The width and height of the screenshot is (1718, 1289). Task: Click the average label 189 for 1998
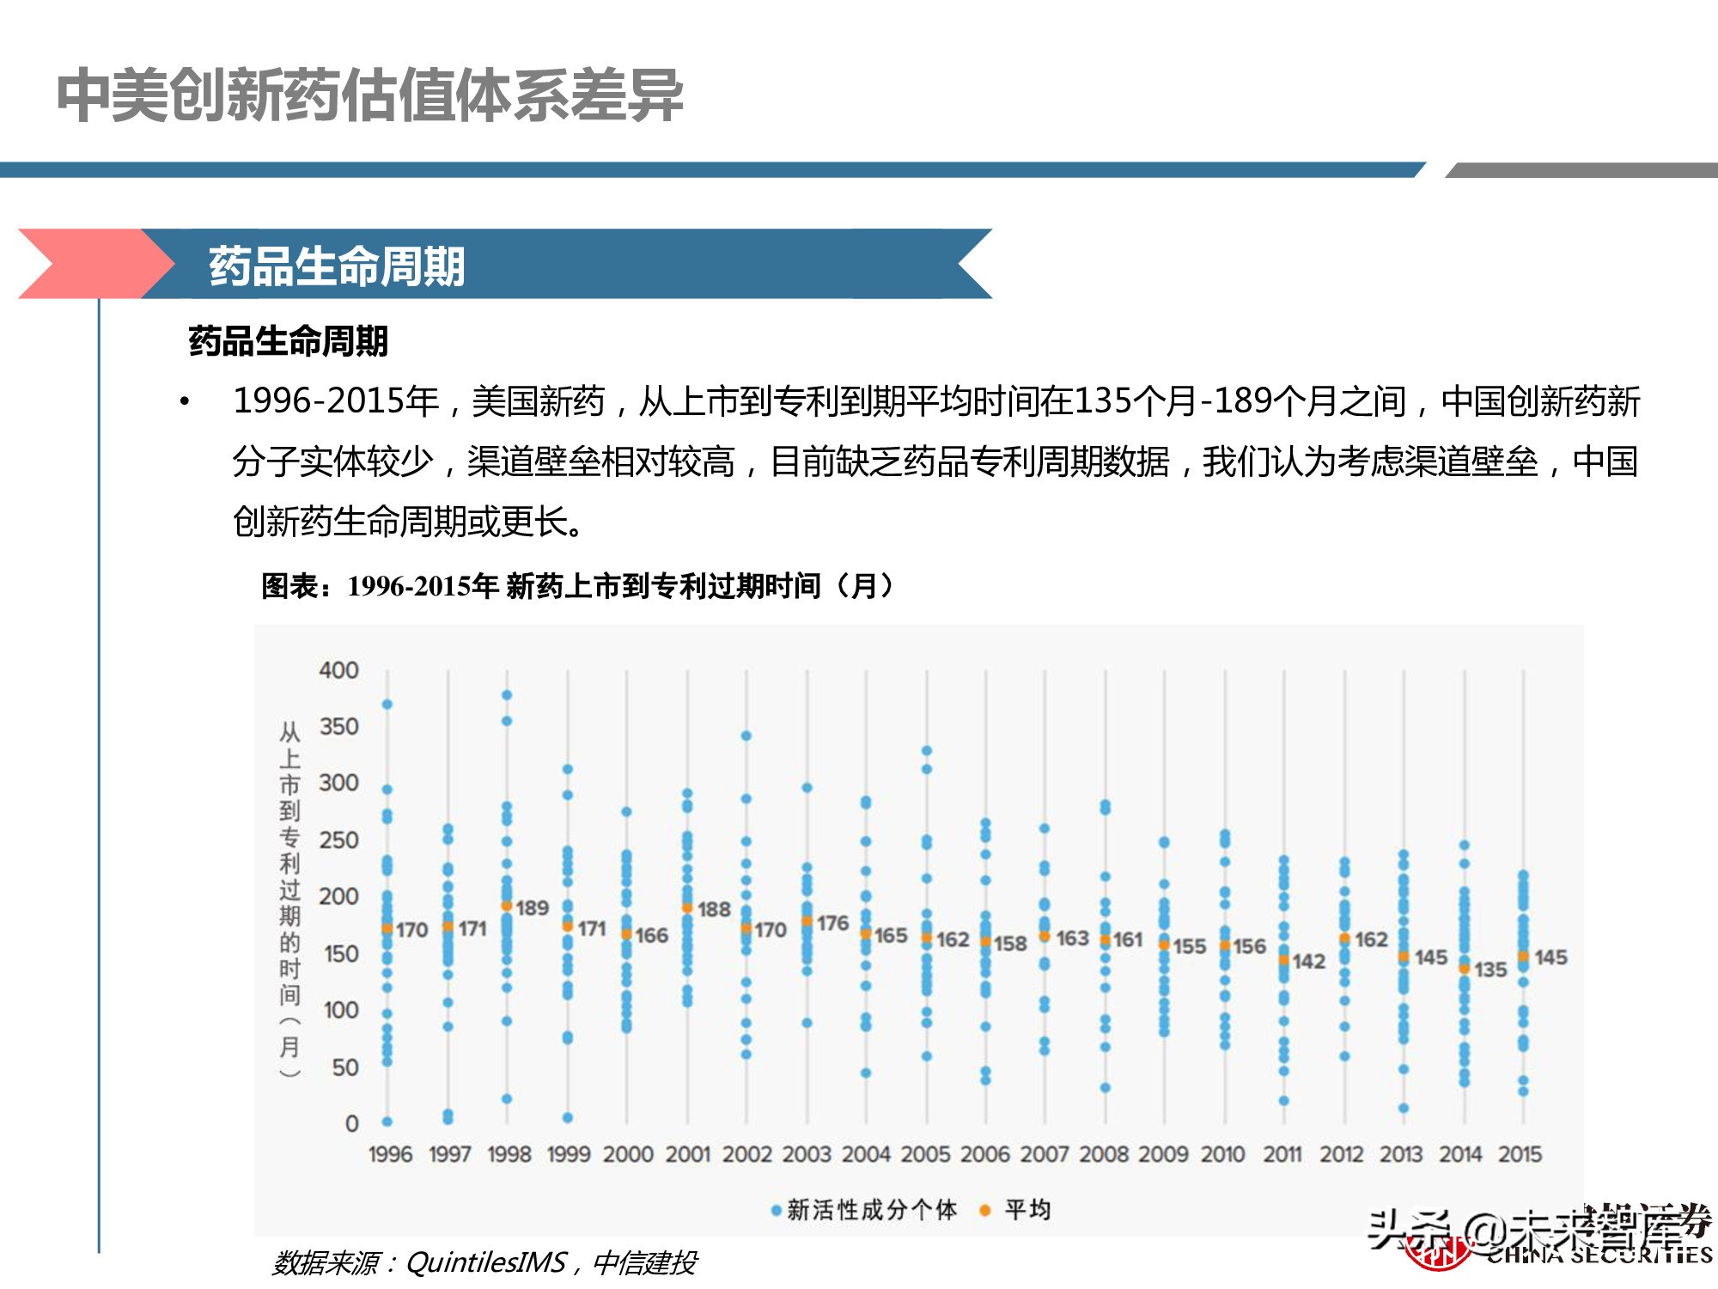[532, 907]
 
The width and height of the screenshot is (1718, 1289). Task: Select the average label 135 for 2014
[1490, 969]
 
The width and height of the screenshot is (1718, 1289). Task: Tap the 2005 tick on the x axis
[925, 1154]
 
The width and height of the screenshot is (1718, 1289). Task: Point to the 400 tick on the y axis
[338, 670]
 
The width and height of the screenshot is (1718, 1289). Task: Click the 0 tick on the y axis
[351, 1123]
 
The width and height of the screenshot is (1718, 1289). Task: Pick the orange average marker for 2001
[687, 907]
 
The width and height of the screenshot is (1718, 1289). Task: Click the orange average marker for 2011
[1283, 960]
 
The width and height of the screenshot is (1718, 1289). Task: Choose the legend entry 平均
[1017, 1210]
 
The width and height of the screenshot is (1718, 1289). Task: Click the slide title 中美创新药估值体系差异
[369, 96]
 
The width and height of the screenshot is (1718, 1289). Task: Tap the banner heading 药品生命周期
[337, 266]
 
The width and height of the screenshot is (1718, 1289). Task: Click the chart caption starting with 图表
[577, 586]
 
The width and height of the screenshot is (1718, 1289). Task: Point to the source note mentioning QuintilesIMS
[484, 1262]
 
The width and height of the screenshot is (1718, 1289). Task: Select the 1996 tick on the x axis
[390, 1154]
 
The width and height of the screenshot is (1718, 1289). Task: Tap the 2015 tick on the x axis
[1520, 1154]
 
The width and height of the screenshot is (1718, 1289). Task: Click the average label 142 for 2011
[1308, 962]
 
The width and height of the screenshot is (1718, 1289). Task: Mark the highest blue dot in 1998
[507, 695]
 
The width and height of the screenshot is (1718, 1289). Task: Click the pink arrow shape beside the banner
[86, 264]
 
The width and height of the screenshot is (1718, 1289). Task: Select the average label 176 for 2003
[832, 923]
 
